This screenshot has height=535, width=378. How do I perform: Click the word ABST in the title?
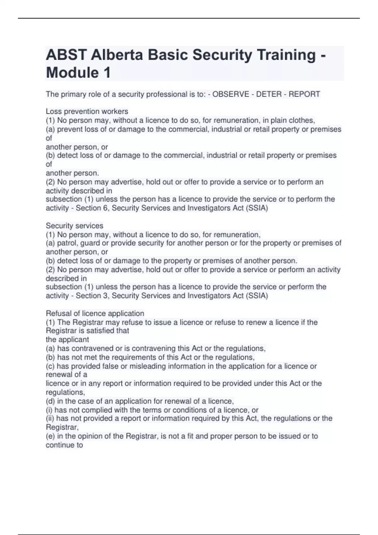point(66,55)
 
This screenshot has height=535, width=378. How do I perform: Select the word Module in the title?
point(72,73)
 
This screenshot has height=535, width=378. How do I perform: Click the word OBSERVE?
point(231,94)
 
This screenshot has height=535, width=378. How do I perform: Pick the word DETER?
point(269,94)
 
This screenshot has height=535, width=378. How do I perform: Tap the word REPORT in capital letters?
point(304,94)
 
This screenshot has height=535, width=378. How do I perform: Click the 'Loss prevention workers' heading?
point(87,111)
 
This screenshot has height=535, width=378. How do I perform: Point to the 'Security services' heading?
point(74,226)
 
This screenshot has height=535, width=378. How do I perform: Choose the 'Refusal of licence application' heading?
point(95,313)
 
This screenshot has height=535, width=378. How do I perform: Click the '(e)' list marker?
point(50,436)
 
